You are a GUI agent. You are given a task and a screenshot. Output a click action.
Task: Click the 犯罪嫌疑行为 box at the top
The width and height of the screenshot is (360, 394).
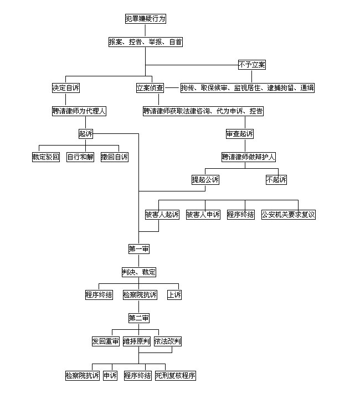pyautogui.click(x=146, y=19)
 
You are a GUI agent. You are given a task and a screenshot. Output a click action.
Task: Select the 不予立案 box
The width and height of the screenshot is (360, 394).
pyautogui.click(x=252, y=65)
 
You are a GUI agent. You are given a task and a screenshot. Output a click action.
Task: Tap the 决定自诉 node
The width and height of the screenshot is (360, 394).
pyautogui.click(x=66, y=88)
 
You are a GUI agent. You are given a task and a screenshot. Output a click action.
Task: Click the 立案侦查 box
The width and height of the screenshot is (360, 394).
pyautogui.click(x=150, y=88)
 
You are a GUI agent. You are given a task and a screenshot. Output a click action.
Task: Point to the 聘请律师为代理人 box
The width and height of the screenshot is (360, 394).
pyautogui.click(x=79, y=111)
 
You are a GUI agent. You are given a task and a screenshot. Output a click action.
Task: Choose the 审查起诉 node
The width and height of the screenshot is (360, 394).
pyautogui.click(x=240, y=134)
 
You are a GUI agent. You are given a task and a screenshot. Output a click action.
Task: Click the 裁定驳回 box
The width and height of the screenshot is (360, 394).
pyautogui.click(x=46, y=157)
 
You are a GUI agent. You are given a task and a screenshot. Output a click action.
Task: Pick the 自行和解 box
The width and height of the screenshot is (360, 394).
pyautogui.click(x=80, y=157)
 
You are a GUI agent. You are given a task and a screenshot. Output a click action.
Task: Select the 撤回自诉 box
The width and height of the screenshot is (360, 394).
pyautogui.click(x=115, y=157)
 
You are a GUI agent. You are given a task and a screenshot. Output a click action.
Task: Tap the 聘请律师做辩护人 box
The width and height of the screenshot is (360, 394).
pyautogui.click(x=249, y=157)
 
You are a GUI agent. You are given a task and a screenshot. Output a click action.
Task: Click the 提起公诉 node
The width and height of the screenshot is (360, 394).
pyautogui.click(x=205, y=180)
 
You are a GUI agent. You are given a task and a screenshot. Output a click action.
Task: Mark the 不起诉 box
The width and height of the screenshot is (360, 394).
pyautogui.click(x=276, y=180)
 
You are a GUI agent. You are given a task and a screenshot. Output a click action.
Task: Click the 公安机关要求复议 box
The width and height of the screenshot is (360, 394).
pyautogui.click(x=289, y=215)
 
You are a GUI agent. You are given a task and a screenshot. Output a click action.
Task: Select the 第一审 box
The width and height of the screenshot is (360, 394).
pyautogui.click(x=139, y=249)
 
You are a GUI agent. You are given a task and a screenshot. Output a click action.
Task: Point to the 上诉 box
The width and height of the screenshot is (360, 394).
pyautogui.click(x=174, y=295)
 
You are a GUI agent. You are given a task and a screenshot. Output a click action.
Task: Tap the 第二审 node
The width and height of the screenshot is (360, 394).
pyautogui.click(x=139, y=318)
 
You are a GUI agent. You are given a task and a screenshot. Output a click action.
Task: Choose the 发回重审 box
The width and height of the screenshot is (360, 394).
pyautogui.click(x=105, y=341)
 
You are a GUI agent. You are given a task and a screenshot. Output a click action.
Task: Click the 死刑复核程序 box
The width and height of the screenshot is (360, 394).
pyautogui.click(x=176, y=376)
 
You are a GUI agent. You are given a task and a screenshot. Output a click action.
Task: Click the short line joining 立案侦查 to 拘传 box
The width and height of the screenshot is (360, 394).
pyautogui.click(x=172, y=88)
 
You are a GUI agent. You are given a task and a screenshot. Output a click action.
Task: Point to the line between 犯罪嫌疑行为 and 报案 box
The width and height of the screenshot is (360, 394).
pyautogui.click(x=145, y=30)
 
